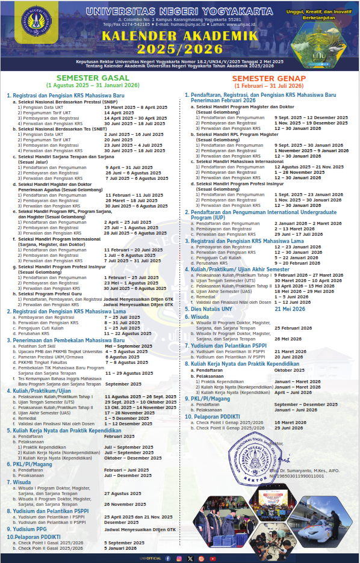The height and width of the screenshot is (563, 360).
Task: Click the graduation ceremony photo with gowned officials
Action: pyautogui.click(x=218, y=531)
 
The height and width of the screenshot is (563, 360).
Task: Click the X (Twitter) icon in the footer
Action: pyautogui.click(x=190, y=559)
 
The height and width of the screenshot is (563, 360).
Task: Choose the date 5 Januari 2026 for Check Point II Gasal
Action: pyautogui.click(x=122, y=547)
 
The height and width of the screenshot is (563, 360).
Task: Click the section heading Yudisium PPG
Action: pyautogui.click(x=29, y=529)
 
